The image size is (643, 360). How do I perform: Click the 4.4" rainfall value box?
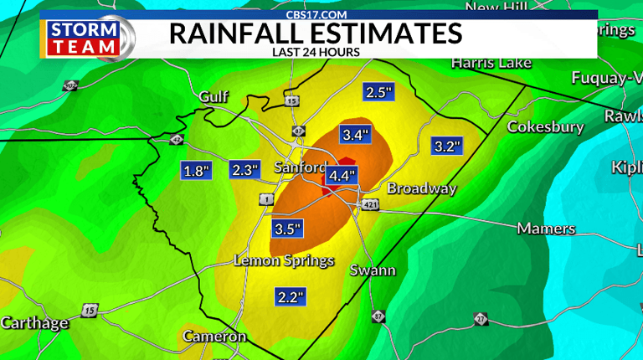point(342,176)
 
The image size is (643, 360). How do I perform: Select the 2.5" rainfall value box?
point(378,93)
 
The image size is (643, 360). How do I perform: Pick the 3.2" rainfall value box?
point(445,147)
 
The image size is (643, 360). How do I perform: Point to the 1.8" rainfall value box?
point(196,171)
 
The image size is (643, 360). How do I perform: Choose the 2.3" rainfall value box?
point(245,171)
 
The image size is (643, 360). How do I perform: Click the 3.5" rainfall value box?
point(288,228)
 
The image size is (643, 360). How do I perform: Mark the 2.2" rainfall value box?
point(291,296)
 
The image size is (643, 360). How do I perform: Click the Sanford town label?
point(300,168)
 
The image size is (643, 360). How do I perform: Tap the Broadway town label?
point(421,188)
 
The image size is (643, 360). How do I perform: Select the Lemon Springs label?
point(284,261)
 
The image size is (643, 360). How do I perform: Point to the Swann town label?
point(373,270)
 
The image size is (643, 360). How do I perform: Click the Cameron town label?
point(215,337)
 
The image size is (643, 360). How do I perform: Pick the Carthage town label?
point(34,323)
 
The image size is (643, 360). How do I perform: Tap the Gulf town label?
point(213,97)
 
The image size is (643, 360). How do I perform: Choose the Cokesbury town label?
point(545,127)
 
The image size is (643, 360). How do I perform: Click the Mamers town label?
point(546,229)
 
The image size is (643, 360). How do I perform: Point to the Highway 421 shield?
point(372,205)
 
